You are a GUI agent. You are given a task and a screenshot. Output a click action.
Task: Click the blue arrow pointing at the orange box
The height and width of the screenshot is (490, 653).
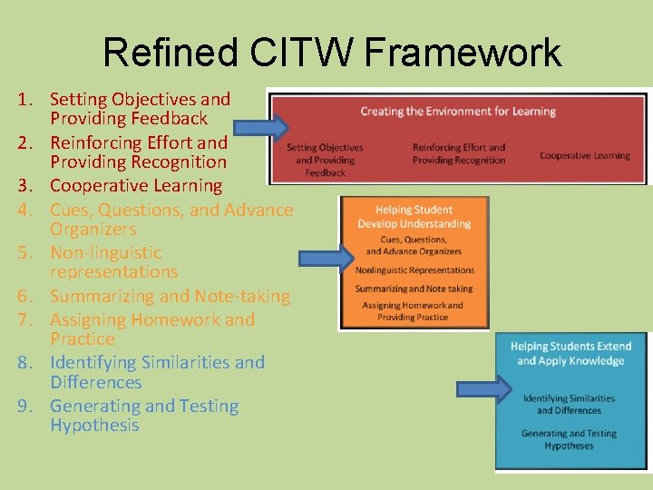326,260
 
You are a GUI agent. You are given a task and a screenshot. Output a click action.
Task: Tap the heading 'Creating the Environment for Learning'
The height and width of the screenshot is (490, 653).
458,112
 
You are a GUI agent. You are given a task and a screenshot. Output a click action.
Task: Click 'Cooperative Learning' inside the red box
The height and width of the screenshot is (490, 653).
584,155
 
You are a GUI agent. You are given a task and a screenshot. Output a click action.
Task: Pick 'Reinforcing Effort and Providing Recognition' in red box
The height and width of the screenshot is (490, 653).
458,153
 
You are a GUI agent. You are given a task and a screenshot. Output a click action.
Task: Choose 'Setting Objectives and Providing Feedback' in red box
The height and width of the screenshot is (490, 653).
325,160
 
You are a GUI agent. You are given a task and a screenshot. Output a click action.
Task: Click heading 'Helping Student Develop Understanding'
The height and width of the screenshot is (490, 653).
414,217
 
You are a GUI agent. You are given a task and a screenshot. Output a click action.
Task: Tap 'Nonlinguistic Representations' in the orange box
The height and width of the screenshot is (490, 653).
414,270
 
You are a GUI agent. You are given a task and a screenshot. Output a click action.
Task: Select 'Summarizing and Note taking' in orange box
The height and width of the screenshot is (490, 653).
414,289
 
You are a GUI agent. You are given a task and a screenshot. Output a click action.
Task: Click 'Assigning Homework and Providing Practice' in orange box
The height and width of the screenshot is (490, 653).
414,311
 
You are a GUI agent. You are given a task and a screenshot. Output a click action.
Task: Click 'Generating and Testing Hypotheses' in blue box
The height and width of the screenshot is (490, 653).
570,439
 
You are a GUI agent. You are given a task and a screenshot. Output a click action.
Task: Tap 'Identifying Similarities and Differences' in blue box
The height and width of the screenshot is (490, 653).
570,404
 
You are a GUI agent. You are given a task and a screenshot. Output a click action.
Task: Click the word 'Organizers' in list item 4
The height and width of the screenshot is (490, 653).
93,230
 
